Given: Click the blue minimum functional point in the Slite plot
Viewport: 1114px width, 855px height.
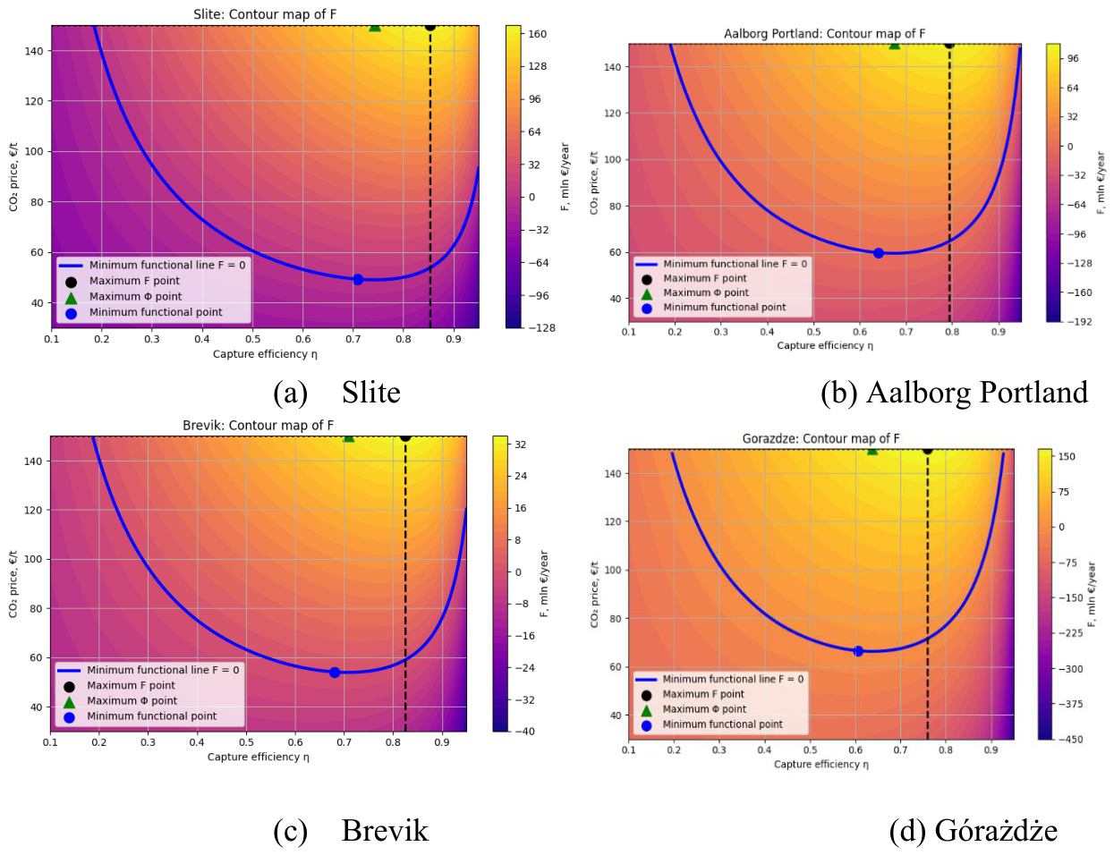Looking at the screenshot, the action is pos(358,280).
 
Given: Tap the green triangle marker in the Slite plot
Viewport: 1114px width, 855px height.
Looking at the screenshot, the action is pos(375,26).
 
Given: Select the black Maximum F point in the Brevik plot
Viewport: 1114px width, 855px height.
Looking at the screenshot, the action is pos(405,437).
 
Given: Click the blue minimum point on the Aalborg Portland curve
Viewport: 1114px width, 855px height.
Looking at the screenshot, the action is pos(878,253).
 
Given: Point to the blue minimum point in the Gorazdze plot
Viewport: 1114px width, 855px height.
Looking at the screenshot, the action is pos(858,651).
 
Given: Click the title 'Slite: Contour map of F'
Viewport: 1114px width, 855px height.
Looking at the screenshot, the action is pos(265,13).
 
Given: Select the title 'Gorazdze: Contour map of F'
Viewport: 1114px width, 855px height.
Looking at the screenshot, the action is pos(821,438).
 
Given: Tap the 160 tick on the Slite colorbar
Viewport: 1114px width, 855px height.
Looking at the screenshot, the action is pos(537,34).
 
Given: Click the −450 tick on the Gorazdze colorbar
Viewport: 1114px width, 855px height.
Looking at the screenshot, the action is pos(1070,740).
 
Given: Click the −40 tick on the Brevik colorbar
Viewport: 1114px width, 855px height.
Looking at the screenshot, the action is pos(524,731).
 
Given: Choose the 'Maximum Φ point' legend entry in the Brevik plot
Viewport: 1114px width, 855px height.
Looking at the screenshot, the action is pos(132,700).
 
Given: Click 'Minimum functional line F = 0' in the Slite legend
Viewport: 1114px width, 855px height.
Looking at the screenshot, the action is pos(167,265).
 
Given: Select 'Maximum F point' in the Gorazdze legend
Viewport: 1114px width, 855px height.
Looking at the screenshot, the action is pos(703,694).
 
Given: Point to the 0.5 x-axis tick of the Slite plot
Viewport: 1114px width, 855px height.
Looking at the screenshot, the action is pos(252,339).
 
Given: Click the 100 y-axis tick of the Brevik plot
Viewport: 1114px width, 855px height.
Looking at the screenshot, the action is pos(33,559).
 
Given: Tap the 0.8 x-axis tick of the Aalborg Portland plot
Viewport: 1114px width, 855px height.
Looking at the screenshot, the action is pos(952,332).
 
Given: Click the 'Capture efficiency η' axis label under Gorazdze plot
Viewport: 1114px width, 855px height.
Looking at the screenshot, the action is pos(821,764).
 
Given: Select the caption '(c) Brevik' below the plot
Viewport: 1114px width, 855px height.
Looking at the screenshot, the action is pos(351,831).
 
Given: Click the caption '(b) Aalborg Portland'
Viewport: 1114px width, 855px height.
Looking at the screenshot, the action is pos(954,393).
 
